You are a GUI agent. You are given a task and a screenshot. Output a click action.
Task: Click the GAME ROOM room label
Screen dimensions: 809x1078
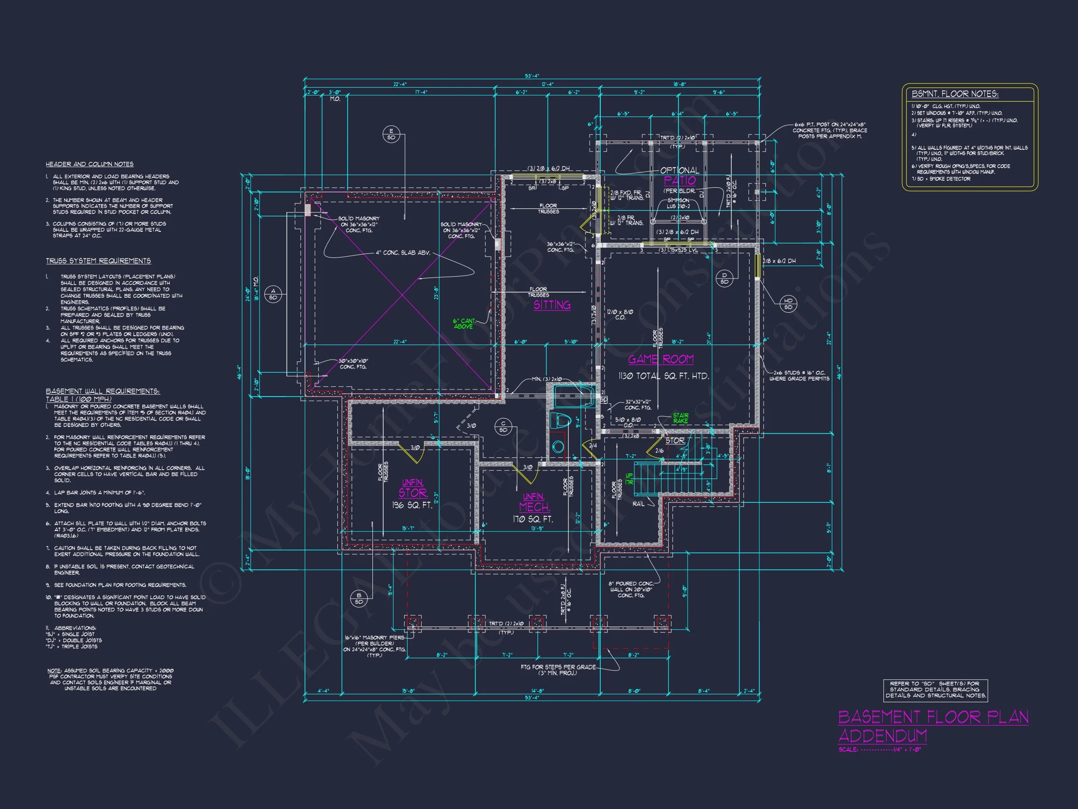click(660, 360)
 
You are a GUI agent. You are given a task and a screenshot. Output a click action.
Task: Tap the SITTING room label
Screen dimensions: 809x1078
click(552, 305)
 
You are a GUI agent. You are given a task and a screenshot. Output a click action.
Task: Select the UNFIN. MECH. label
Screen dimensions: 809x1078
click(535, 502)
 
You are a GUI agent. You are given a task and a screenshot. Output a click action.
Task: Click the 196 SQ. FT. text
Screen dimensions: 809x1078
click(412, 505)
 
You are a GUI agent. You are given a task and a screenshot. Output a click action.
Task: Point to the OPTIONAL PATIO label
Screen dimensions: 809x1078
click(680, 176)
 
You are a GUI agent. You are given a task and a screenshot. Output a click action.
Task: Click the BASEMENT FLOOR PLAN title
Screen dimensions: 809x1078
click(933, 717)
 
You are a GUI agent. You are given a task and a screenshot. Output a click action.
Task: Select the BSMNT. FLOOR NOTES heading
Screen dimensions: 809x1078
click(954, 94)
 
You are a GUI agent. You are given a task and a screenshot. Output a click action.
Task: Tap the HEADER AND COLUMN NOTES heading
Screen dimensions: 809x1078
click(90, 164)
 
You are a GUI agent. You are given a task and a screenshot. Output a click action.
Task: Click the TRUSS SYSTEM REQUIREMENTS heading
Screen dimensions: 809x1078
click(98, 261)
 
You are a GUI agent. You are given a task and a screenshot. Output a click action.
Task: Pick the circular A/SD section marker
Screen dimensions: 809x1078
click(273, 294)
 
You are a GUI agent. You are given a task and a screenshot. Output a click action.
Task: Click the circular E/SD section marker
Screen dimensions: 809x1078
click(391, 134)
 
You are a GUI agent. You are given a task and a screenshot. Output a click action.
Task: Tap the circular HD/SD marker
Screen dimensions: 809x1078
click(788, 304)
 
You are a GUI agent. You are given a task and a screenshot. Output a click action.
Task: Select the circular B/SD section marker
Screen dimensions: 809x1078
click(359, 598)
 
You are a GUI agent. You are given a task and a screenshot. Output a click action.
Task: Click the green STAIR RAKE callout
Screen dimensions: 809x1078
click(680, 418)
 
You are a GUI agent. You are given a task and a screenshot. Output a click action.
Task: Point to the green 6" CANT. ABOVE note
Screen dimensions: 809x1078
click(464, 324)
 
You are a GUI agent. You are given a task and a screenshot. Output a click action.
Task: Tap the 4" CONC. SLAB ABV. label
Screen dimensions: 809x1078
click(402, 253)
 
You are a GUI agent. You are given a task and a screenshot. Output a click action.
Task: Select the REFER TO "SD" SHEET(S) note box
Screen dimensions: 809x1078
click(935, 690)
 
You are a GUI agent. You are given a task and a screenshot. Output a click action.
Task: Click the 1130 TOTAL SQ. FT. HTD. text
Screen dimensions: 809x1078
click(663, 376)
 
